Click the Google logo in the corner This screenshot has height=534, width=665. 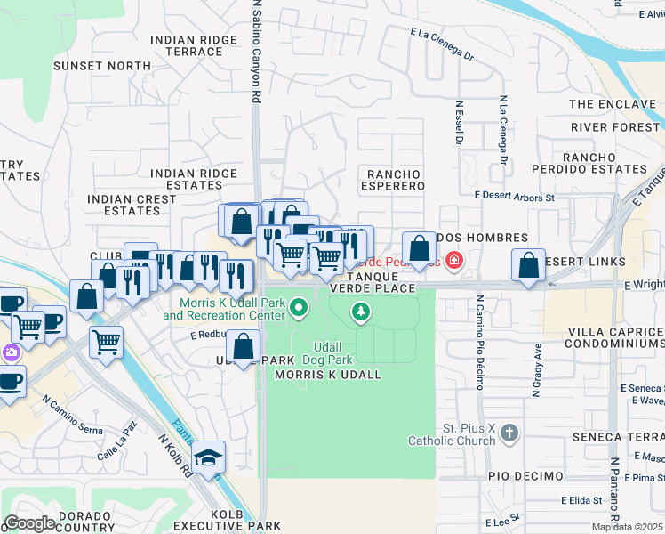tap(29, 523)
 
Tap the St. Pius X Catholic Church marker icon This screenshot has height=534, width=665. tap(509, 433)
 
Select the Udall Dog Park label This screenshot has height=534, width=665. tap(333, 353)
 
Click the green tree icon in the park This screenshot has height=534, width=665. tap(360, 311)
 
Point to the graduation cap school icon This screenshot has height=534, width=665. tap(210, 458)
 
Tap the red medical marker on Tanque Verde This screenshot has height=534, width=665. tap(454, 261)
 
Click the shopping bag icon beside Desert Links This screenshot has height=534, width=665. tap(529, 265)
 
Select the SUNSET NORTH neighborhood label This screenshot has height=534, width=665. tap(102, 66)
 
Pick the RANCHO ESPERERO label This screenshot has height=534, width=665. tap(392, 179)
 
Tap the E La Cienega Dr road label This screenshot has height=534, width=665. tap(442, 43)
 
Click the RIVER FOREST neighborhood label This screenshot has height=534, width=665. tap(615, 127)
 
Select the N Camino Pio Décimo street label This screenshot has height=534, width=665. tap(479, 343)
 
